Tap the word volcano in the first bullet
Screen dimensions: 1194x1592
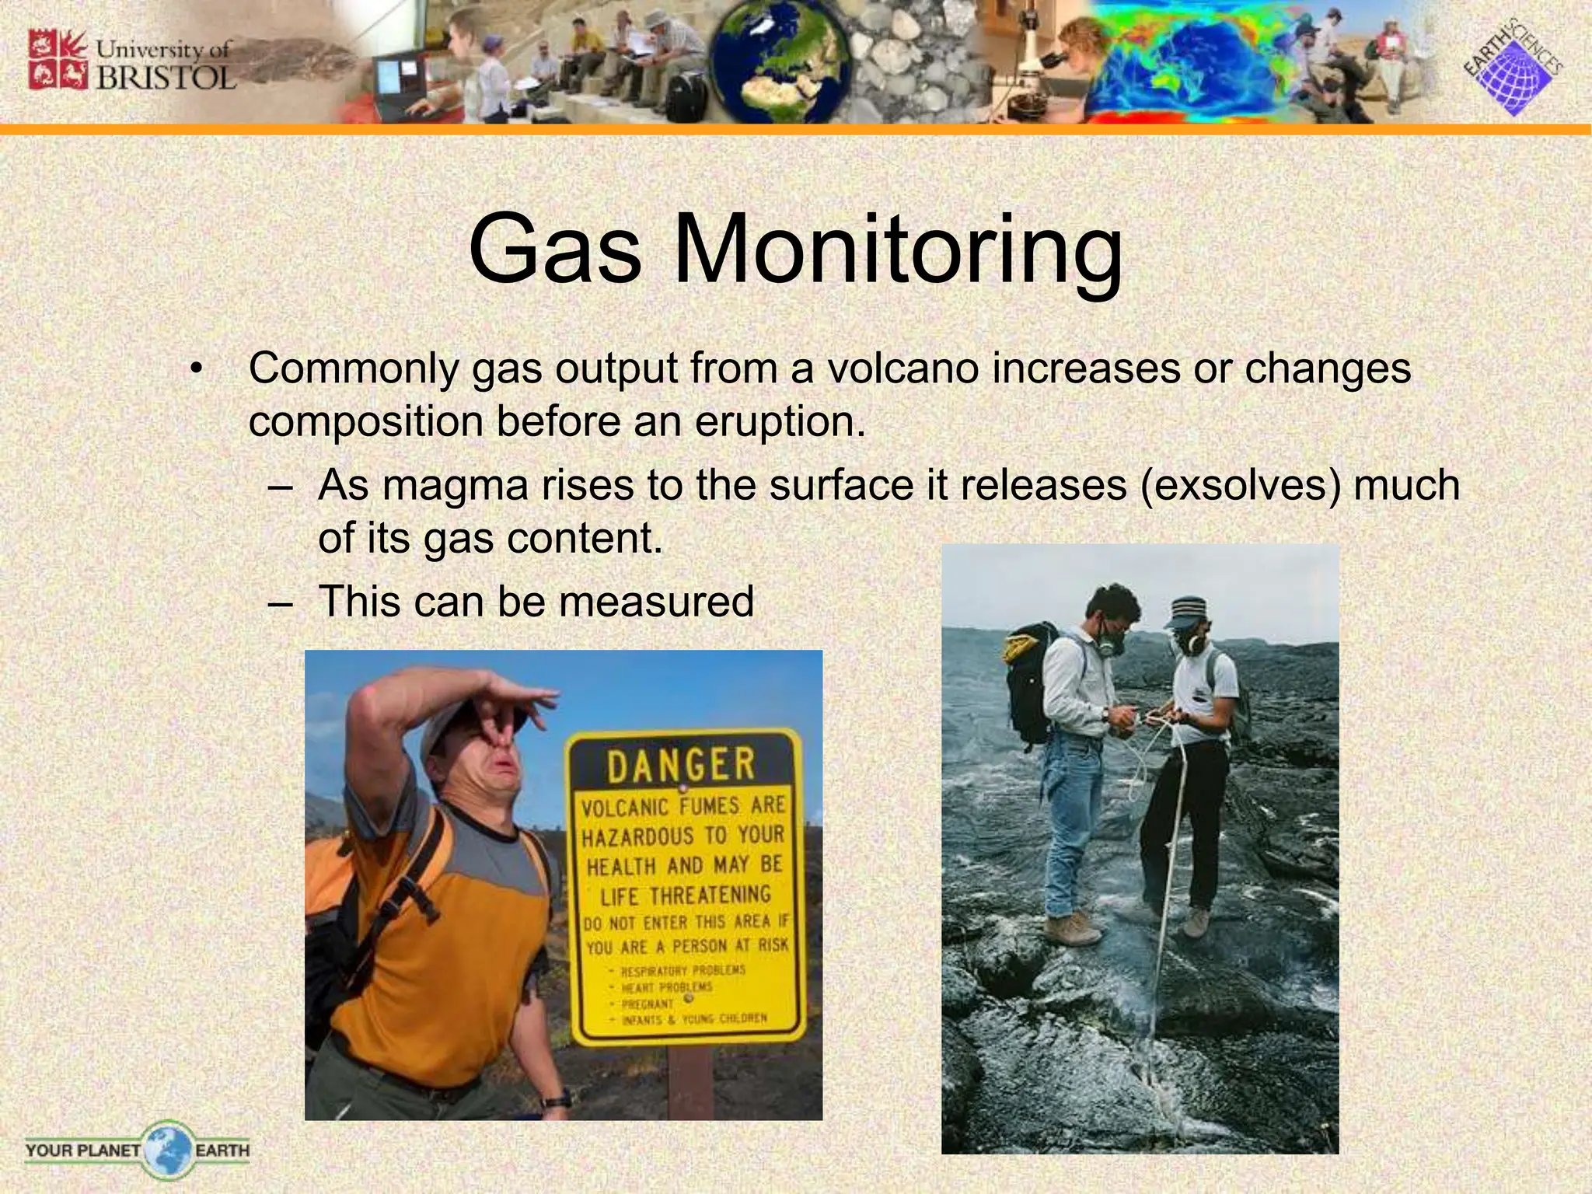tap(902, 368)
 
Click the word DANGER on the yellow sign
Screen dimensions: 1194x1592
tap(680, 765)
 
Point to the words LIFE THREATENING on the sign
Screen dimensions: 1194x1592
tap(685, 895)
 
